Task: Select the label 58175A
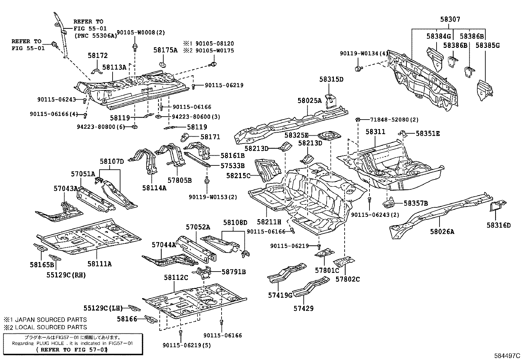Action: coord(165,50)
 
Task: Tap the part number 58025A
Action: coord(310,101)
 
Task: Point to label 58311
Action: coord(375,132)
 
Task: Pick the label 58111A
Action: coord(99,263)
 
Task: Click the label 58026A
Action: coord(442,232)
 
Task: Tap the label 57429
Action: coord(303,308)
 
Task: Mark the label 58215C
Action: coord(238,176)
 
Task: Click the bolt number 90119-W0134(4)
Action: coord(364,54)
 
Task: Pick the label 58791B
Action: coord(234,272)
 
